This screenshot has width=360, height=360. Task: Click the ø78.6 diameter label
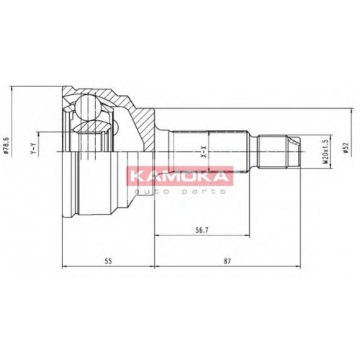click(6, 147)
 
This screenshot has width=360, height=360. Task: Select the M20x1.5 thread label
click(325, 152)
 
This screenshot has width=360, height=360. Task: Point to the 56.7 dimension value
click(202, 230)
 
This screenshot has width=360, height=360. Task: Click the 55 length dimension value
click(108, 261)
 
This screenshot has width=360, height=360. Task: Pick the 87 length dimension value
click(227, 261)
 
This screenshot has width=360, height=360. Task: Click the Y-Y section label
click(34, 148)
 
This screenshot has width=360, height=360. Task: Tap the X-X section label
click(204, 152)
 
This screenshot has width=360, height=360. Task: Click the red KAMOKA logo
click(180, 176)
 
